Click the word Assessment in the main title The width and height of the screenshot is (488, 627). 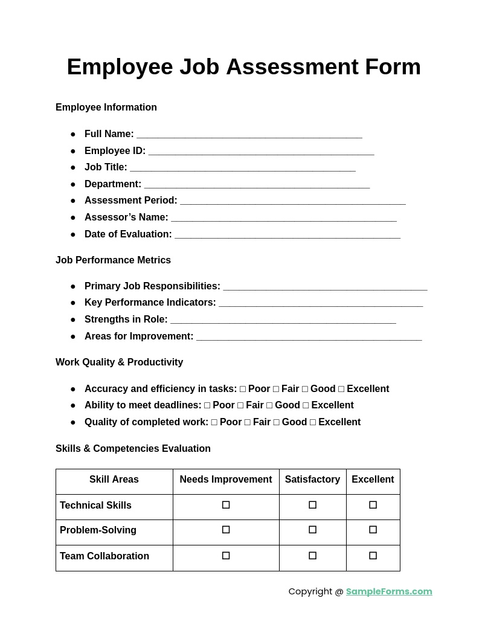(x=292, y=67)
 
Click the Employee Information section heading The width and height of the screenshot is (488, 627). (x=106, y=108)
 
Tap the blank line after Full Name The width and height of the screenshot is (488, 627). (x=249, y=135)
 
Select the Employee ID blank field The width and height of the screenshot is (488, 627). (x=261, y=152)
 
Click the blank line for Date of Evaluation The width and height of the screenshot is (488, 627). (x=287, y=235)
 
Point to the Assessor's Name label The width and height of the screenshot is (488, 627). (x=126, y=217)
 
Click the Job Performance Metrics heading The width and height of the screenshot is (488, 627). (x=113, y=260)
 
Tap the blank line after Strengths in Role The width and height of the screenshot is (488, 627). (x=283, y=320)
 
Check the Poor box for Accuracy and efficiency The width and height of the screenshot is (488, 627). (x=243, y=390)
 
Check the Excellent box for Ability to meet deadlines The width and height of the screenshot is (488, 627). (x=306, y=406)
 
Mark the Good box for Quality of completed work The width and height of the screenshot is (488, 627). (x=277, y=423)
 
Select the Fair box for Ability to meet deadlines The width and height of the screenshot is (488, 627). (x=240, y=406)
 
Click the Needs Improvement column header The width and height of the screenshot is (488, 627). (x=226, y=480)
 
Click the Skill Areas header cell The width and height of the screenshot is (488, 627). (x=114, y=480)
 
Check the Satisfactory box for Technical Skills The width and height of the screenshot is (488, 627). (x=312, y=505)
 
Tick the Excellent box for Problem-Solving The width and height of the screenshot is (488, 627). (x=373, y=530)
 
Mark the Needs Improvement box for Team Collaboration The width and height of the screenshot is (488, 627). (x=226, y=556)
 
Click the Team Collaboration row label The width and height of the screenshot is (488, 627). (x=104, y=556)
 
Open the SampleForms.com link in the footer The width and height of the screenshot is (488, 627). (x=389, y=591)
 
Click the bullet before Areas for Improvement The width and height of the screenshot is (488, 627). (x=73, y=337)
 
